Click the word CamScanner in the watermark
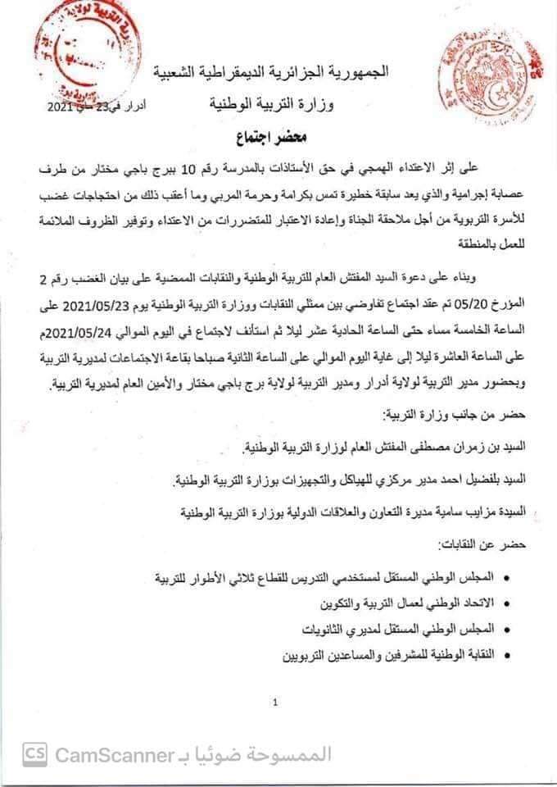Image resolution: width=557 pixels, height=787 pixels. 115,754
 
